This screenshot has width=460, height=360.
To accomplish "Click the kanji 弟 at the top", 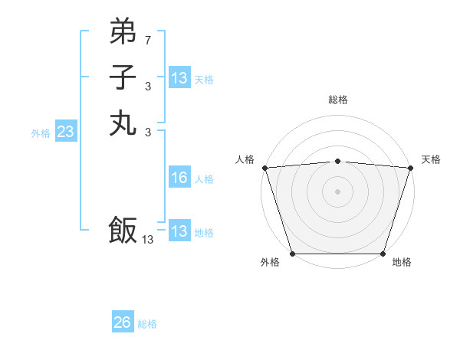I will [x=123, y=31].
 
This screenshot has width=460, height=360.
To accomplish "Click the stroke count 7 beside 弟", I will [x=148, y=39].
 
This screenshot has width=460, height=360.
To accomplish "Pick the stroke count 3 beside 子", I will [x=148, y=86].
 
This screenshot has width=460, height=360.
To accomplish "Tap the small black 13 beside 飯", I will [x=148, y=239].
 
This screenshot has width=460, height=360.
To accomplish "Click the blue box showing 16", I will [x=179, y=178].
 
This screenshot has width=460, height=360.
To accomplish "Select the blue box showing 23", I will [x=65, y=132].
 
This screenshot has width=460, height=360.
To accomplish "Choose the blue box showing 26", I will [x=123, y=322].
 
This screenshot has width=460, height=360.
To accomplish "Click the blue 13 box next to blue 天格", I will [x=179, y=78].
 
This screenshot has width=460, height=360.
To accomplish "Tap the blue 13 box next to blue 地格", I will [x=179, y=231].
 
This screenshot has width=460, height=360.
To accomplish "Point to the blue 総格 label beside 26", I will [x=147, y=324].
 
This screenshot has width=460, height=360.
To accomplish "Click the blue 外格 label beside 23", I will [x=41, y=133].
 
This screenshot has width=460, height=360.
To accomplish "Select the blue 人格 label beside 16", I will [x=204, y=179].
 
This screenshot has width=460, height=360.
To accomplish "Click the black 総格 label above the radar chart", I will [x=337, y=100].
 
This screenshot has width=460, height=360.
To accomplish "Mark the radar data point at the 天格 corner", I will [x=410, y=168].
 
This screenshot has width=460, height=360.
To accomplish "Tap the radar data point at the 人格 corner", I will [x=264, y=168].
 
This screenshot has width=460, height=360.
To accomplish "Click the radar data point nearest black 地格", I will [x=383, y=253].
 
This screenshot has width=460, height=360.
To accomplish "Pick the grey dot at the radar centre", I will [x=337, y=191].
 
